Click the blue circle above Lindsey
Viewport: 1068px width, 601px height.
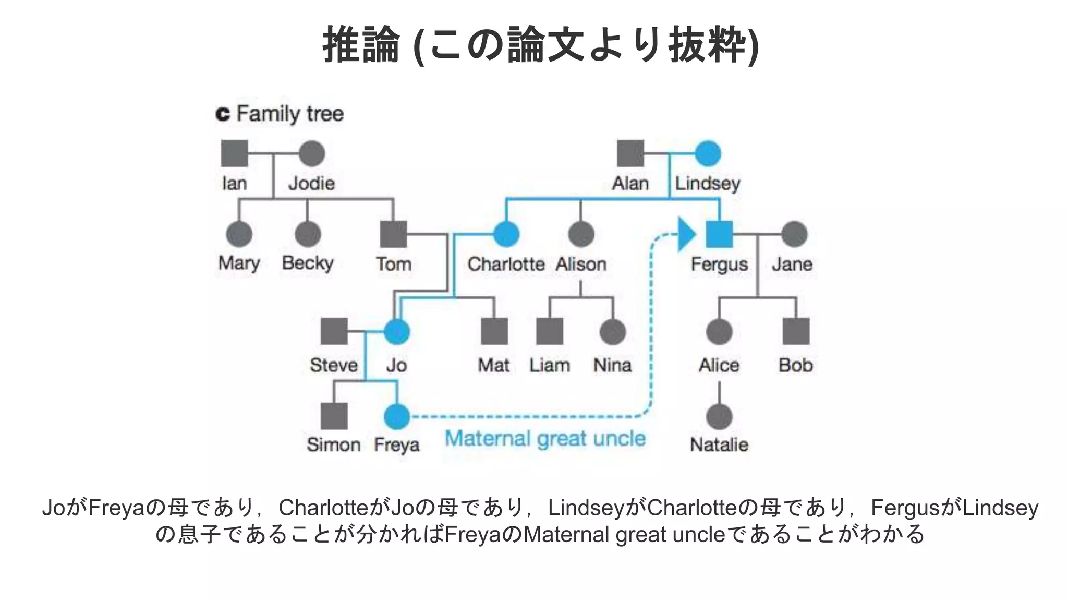pyautogui.click(x=708, y=153)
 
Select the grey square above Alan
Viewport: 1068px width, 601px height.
pyautogui.click(x=630, y=153)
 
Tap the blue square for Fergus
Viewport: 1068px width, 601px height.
pyautogui.click(x=719, y=234)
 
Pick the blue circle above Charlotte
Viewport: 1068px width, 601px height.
pyautogui.click(x=506, y=234)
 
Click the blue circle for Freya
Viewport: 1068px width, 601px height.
pyautogui.click(x=397, y=416)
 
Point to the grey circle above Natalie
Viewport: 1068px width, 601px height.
pyautogui.click(x=719, y=416)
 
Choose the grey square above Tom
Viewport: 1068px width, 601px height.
pyautogui.click(x=393, y=234)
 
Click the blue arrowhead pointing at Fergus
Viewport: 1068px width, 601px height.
pyautogui.click(x=686, y=234)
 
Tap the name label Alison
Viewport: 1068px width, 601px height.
pyautogui.click(x=581, y=264)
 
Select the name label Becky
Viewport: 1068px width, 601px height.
pyautogui.click(x=308, y=263)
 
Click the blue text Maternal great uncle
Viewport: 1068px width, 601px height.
pyautogui.click(x=545, y=439)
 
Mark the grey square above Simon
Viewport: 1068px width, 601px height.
pyautogui.click(x=334, y=416)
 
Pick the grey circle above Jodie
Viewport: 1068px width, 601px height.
pyautogui.click(x=312, y=153)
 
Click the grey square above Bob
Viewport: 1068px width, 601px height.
pyautogui.click(x=796, y=331)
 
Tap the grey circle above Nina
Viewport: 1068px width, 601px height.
pyautogui.click(x=613, y=332)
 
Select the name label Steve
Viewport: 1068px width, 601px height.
pyautogui.click(x=334, y=365)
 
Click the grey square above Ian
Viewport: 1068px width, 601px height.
pyautogui.click(x=234, y=153)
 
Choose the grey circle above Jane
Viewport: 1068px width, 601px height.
pyautogui.click(x=794, y=234)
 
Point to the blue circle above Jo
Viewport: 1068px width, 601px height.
pyautogui.click(x=397, y=332)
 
